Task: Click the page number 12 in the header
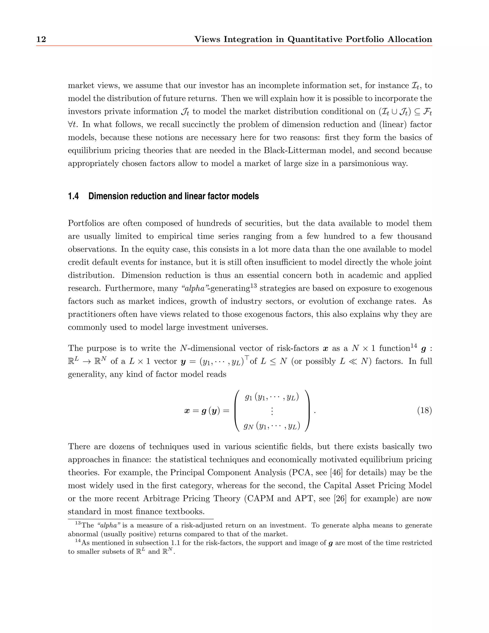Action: [41, 39]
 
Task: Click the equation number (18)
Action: [424, 410]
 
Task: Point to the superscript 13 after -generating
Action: [254, 286]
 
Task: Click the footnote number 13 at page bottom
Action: [78, 523]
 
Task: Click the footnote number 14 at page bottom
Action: [78, 541]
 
